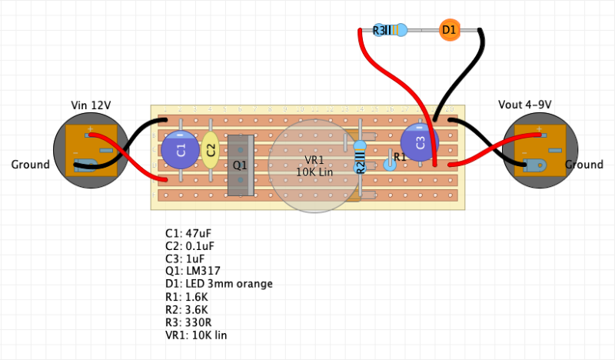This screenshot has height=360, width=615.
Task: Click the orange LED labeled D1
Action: [x=449, y=31]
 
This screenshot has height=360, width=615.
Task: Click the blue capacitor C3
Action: [x=420, y=142]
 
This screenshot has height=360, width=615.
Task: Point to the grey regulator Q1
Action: [x=241, y=164]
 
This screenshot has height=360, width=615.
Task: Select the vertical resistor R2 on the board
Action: [x=360, y=165]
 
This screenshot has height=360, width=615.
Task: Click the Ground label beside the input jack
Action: [x=31, y=165]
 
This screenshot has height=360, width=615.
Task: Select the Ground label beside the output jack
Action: [x=584, y=165]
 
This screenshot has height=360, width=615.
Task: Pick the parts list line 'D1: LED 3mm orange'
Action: [x=219, y=284]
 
